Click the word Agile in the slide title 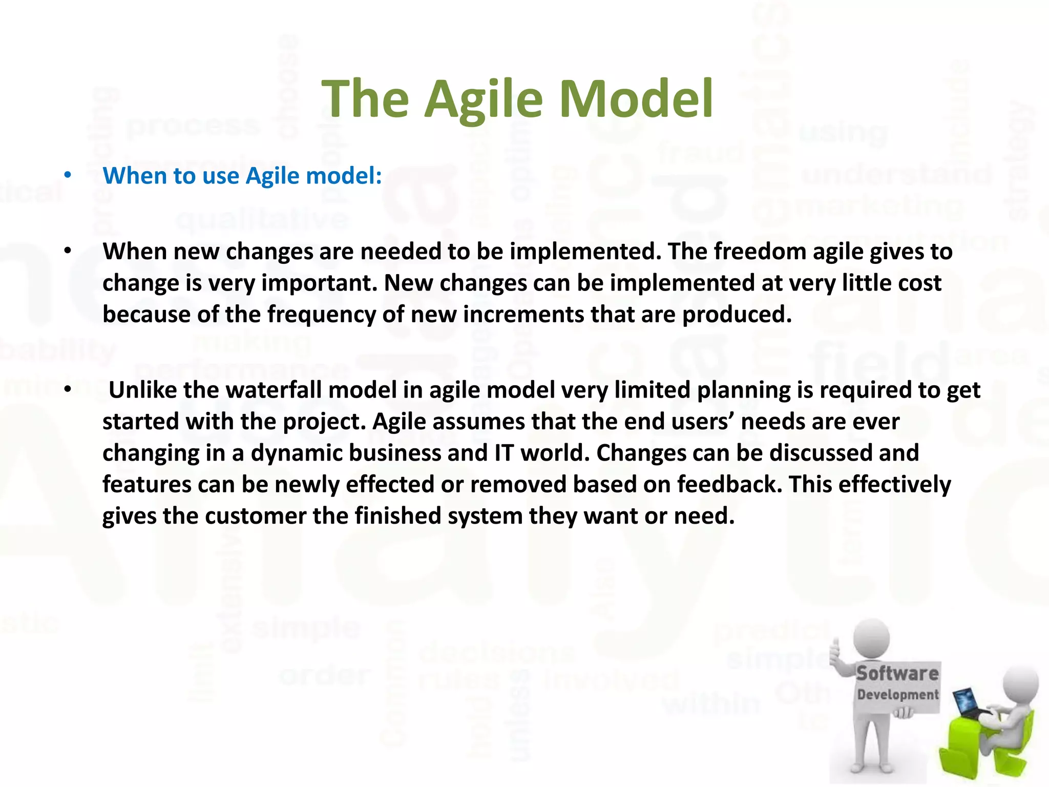pos(484,100)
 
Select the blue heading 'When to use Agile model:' pos(242,176)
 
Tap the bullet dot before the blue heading pos(68,175)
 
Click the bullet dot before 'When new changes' pos(68,251)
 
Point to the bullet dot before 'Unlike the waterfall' pos(68,390)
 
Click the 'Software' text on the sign pos(897,673)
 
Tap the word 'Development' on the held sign pos(898,695)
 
